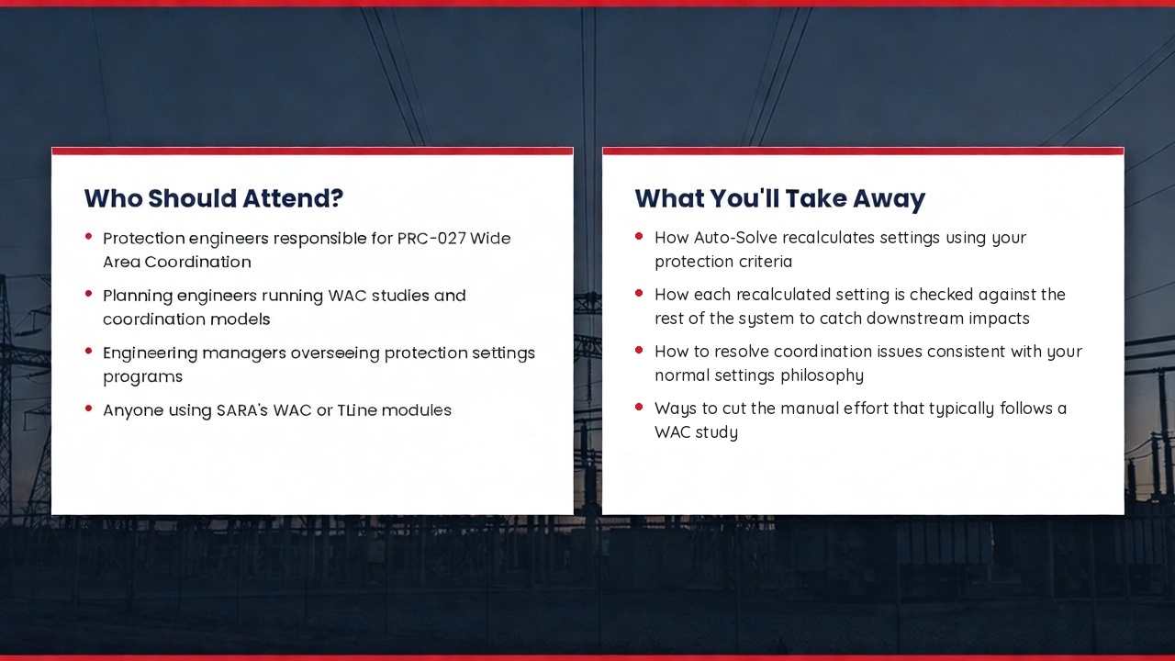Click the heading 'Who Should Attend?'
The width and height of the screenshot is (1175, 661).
coord(214,198)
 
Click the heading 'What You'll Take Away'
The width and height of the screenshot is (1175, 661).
coord(780,199)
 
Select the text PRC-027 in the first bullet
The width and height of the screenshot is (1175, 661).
coord(431,238)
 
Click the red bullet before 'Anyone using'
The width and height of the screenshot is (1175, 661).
coord(89,409)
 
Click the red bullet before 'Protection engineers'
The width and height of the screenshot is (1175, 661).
coord(89,237)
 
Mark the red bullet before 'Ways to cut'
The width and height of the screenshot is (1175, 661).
coord(639,407)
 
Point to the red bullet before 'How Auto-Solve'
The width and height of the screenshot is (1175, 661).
coord(639,236)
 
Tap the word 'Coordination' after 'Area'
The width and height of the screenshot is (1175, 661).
coord(197,263)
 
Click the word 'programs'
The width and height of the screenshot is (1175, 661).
coord(142,377)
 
